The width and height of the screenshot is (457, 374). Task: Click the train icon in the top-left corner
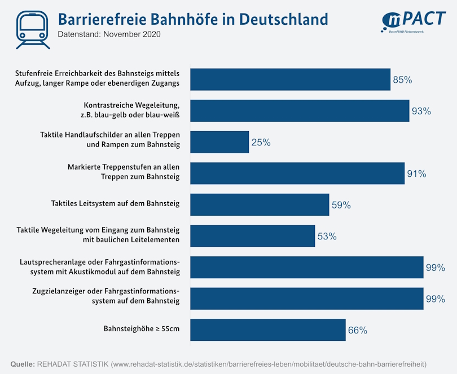tap(33, 28)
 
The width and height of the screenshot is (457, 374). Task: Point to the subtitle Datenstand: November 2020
tap(109, 34)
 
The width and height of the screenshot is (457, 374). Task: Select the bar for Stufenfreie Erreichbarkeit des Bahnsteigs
tap(290, 79)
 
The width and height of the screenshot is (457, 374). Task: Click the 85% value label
tap(402, 80)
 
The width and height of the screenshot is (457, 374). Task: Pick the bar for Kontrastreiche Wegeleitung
tap(300, 111)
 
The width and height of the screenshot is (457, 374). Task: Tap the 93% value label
tap(421, 112)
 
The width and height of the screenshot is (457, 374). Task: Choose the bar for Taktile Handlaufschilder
tap(219, 142)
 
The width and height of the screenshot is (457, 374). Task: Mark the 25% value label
tap(261, 143)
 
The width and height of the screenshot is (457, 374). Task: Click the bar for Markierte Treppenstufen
tap(297, 173)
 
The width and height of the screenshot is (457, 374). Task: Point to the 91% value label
tap(416, 174)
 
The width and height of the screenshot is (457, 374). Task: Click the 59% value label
tap(341, 206)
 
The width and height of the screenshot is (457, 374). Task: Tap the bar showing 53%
tap(252, 236)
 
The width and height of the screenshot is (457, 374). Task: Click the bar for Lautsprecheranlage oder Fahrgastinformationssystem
tap(306, 267)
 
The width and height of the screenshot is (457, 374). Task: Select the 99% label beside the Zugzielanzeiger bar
tap(436, 299)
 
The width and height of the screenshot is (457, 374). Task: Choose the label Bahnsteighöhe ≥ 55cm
tap(142, 328)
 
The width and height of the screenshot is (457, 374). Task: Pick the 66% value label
tap(358, 331)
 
